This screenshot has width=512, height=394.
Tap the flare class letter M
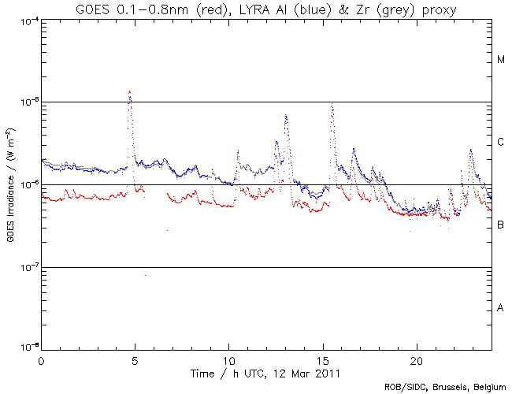[501, 60]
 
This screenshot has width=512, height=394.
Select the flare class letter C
[501, 143]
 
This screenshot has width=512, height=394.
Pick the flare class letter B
[501, 225]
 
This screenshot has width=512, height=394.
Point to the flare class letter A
[501, 308]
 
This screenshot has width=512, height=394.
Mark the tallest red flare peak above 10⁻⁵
[129, 92]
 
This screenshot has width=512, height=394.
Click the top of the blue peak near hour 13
[286, 116]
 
